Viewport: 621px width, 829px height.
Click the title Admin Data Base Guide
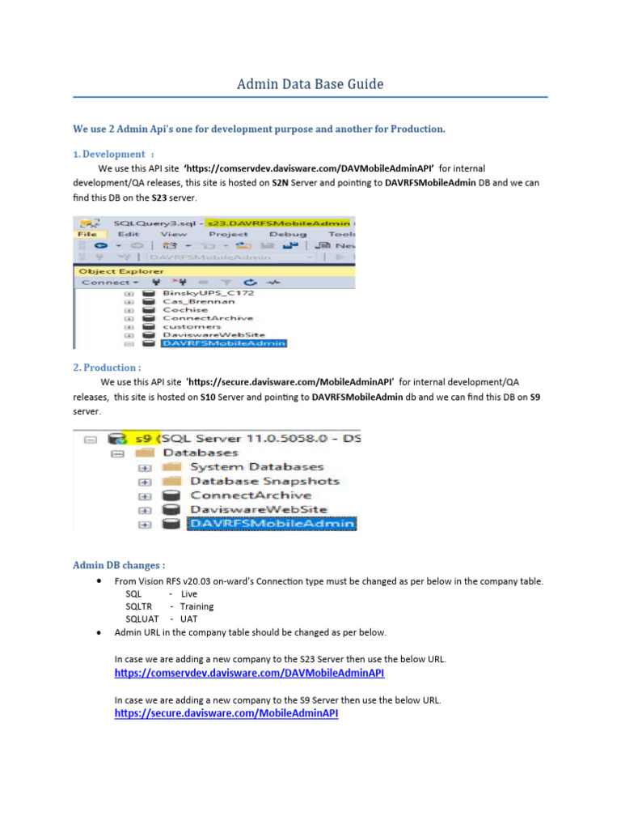tap(310, 84)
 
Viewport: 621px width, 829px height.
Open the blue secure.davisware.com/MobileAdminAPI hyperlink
tap(226, 713)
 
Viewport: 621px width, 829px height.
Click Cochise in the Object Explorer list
tap(185, 309)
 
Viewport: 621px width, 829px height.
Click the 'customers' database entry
tap(192, 326)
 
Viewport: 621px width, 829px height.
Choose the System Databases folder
tap(256, 467)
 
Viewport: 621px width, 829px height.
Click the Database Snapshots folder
tap(264, 481)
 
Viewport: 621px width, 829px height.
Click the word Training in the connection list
tap(196, 606)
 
